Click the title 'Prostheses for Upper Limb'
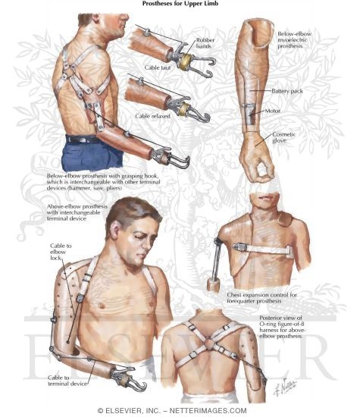pyautogui.click(x=179, y=3)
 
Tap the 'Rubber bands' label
pyautogui.click(x=205, y=43)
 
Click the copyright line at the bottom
pyautogui.click(x=180, y=410)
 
